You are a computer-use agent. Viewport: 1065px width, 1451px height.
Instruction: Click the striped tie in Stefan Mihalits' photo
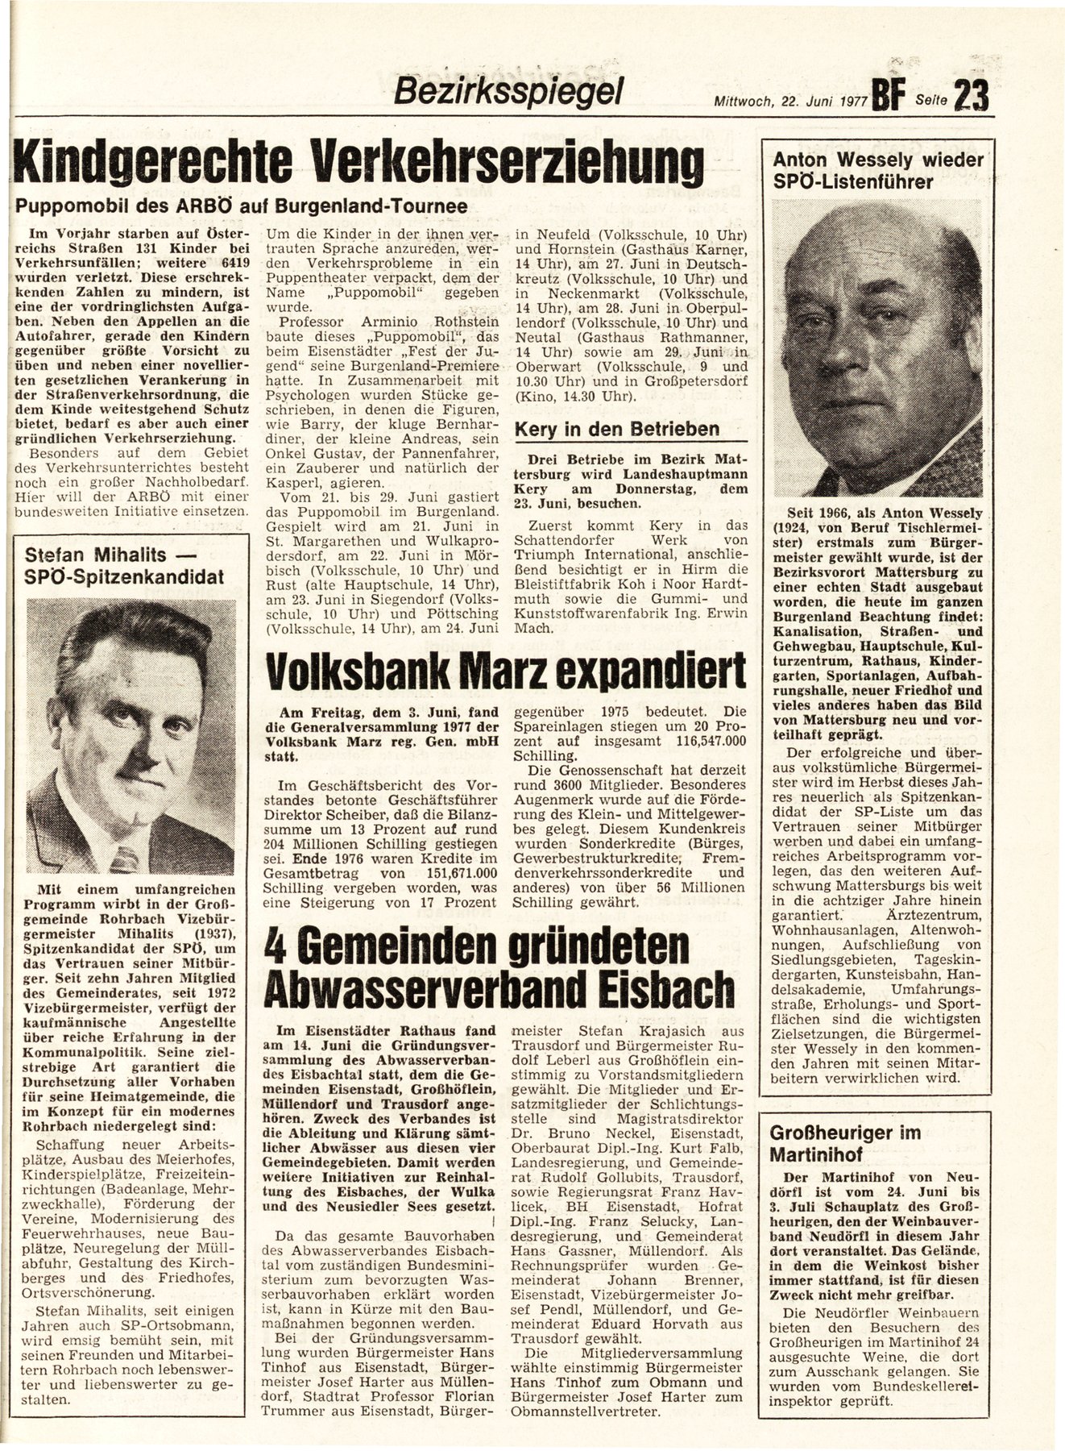coord(123,859)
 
